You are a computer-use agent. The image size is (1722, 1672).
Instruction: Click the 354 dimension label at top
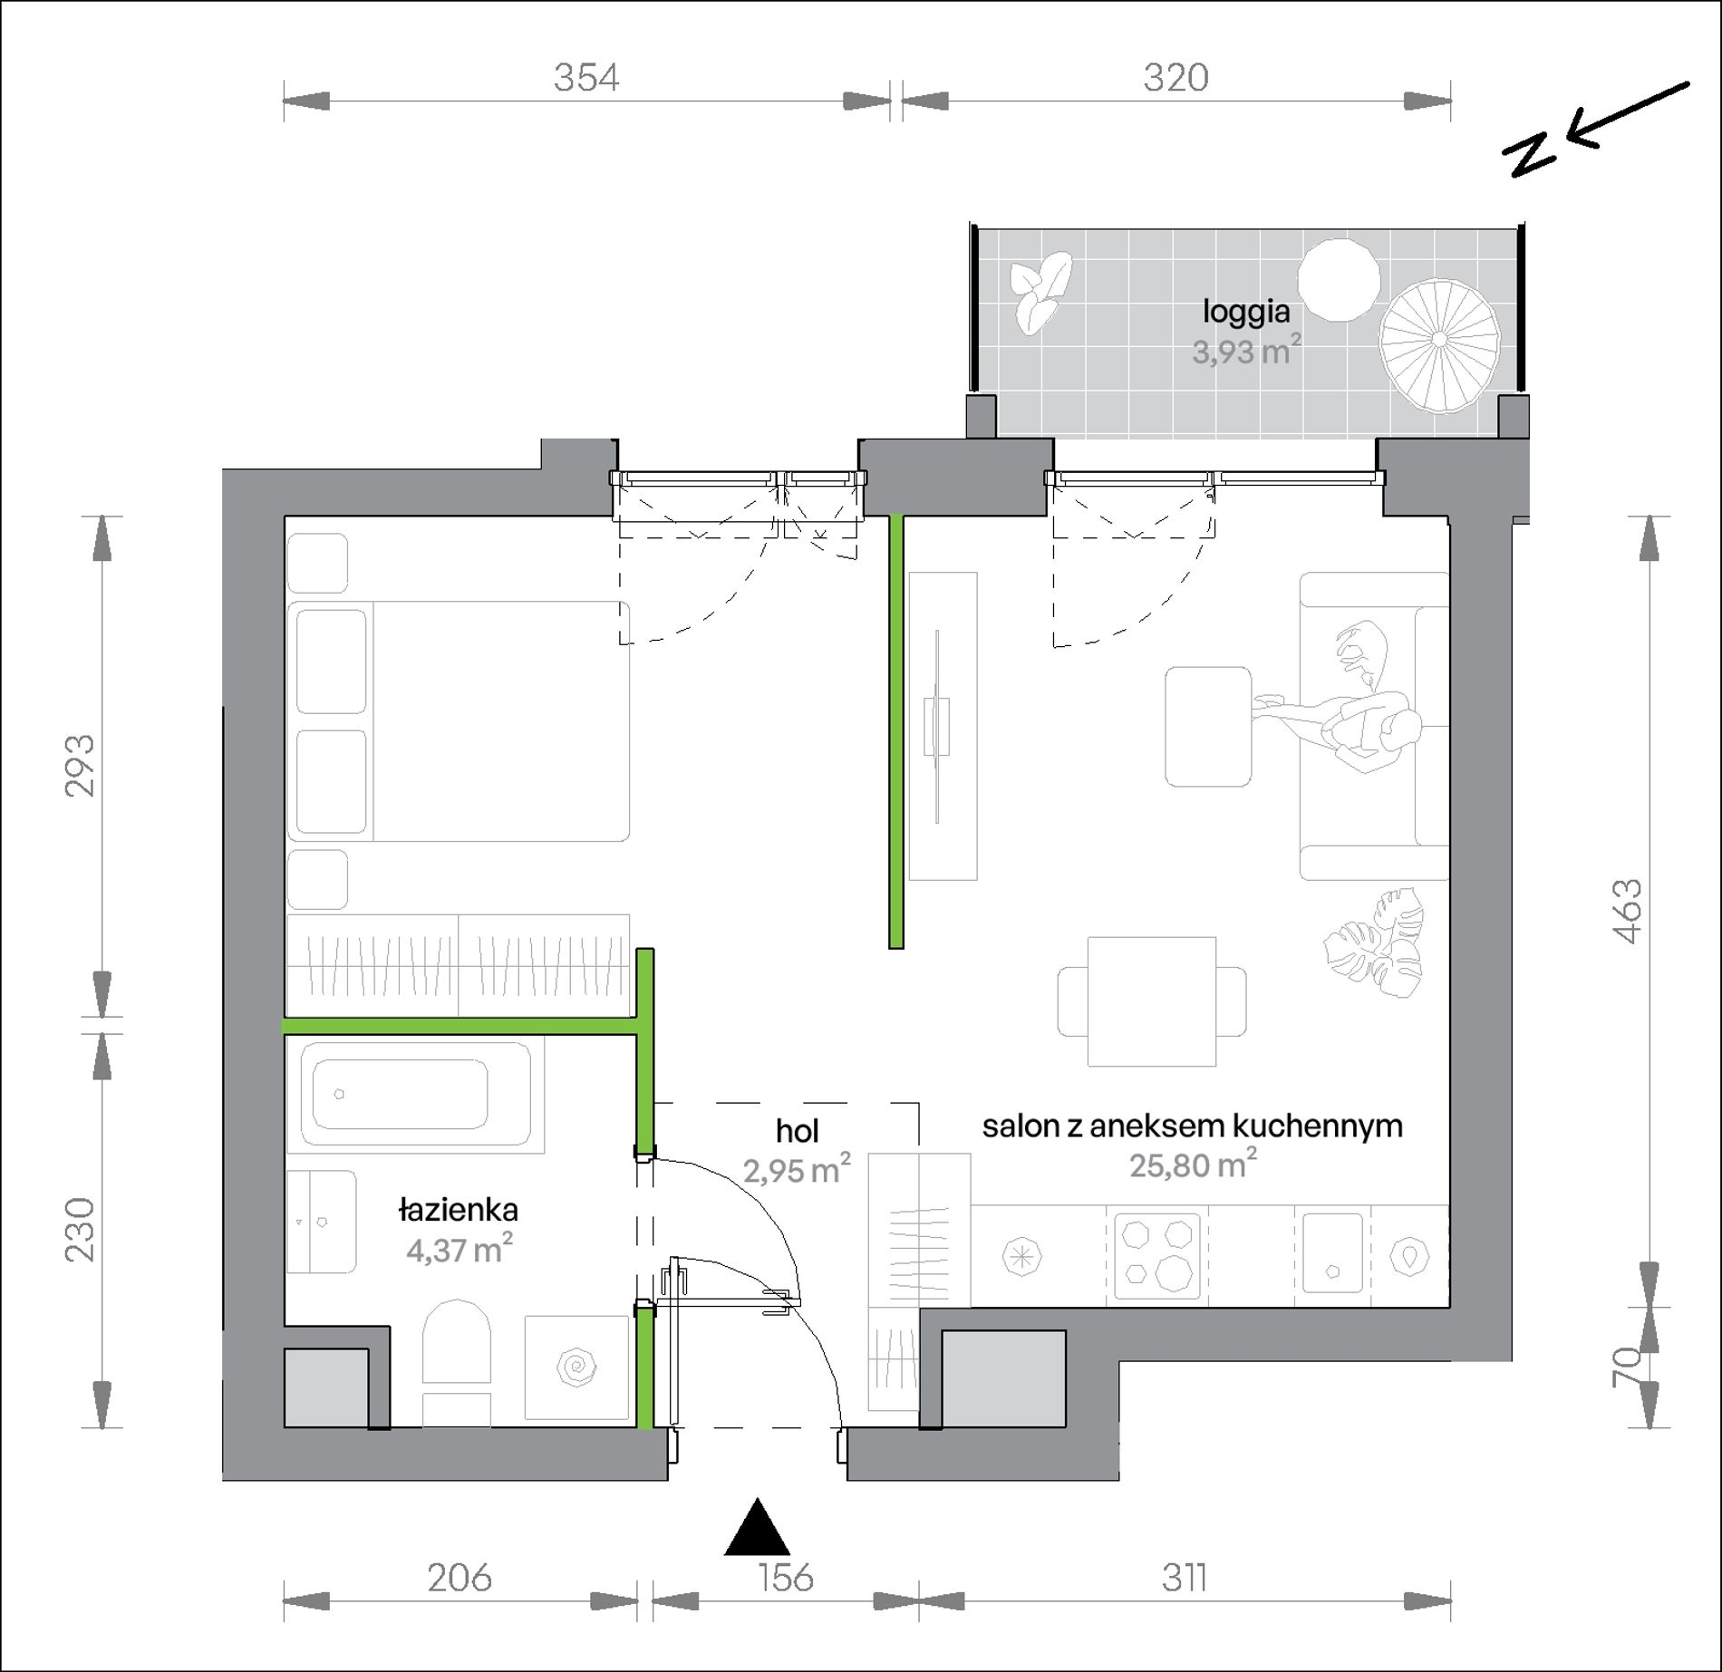586,78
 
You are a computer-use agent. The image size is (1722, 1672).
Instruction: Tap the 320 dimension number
1175,78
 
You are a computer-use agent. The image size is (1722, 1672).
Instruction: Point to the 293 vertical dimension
80,766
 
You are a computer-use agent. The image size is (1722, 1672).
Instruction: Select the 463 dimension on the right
1629,911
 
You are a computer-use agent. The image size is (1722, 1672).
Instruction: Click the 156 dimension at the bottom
786,1578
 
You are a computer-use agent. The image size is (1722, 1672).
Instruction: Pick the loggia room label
1246,312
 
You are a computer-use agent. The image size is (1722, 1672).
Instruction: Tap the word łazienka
459,1209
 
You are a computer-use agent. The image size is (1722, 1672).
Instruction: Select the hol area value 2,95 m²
797,1169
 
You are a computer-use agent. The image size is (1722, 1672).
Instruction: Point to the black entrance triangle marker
757,1527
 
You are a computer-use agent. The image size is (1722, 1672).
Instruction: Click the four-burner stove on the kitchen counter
1157,1256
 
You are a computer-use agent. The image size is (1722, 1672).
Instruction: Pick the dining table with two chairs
1152,1001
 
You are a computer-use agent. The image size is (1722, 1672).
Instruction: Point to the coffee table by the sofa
1208,727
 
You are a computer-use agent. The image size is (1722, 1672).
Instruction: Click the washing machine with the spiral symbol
577,1368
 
